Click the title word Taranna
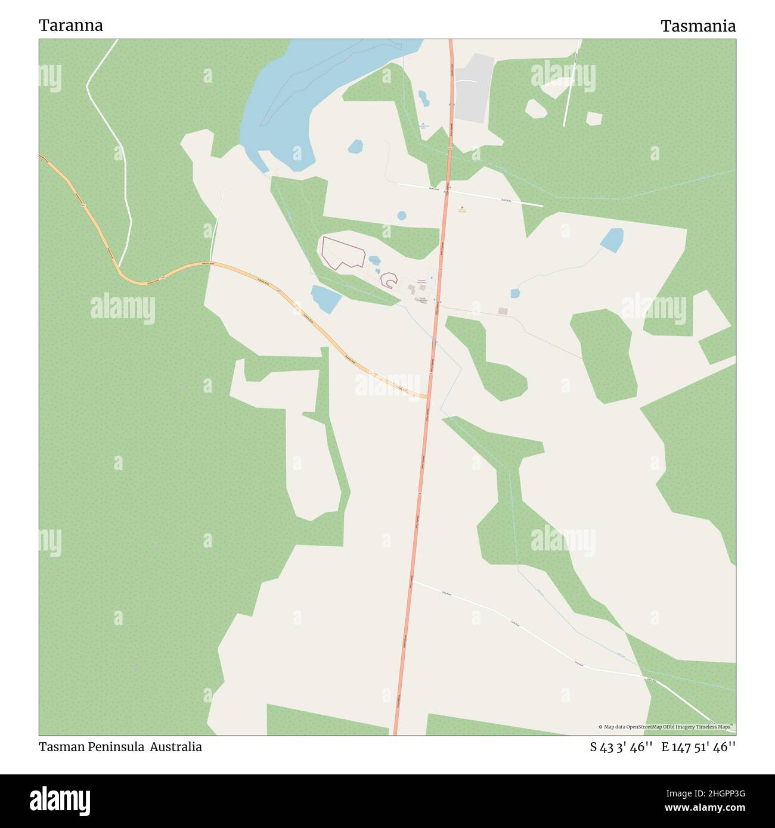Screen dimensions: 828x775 (x=71, y=26)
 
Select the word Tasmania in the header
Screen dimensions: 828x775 (x=697, y=26)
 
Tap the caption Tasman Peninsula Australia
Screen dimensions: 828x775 (x=120, y=747)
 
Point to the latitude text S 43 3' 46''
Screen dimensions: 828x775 (x=621, y=747)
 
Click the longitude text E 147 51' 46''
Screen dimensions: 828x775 (x=698, y=747)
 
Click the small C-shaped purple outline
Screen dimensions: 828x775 (x=389, y=280)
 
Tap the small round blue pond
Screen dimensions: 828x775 (x=402, y=215)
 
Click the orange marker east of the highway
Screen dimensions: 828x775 (x=461, y=208)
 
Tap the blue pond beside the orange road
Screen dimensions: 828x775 (x=325, y=298)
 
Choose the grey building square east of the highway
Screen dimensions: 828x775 (x=503, y=311)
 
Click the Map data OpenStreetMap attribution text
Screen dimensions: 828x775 (x=664, y=727)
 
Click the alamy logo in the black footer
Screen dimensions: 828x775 (x=60, y=800)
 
